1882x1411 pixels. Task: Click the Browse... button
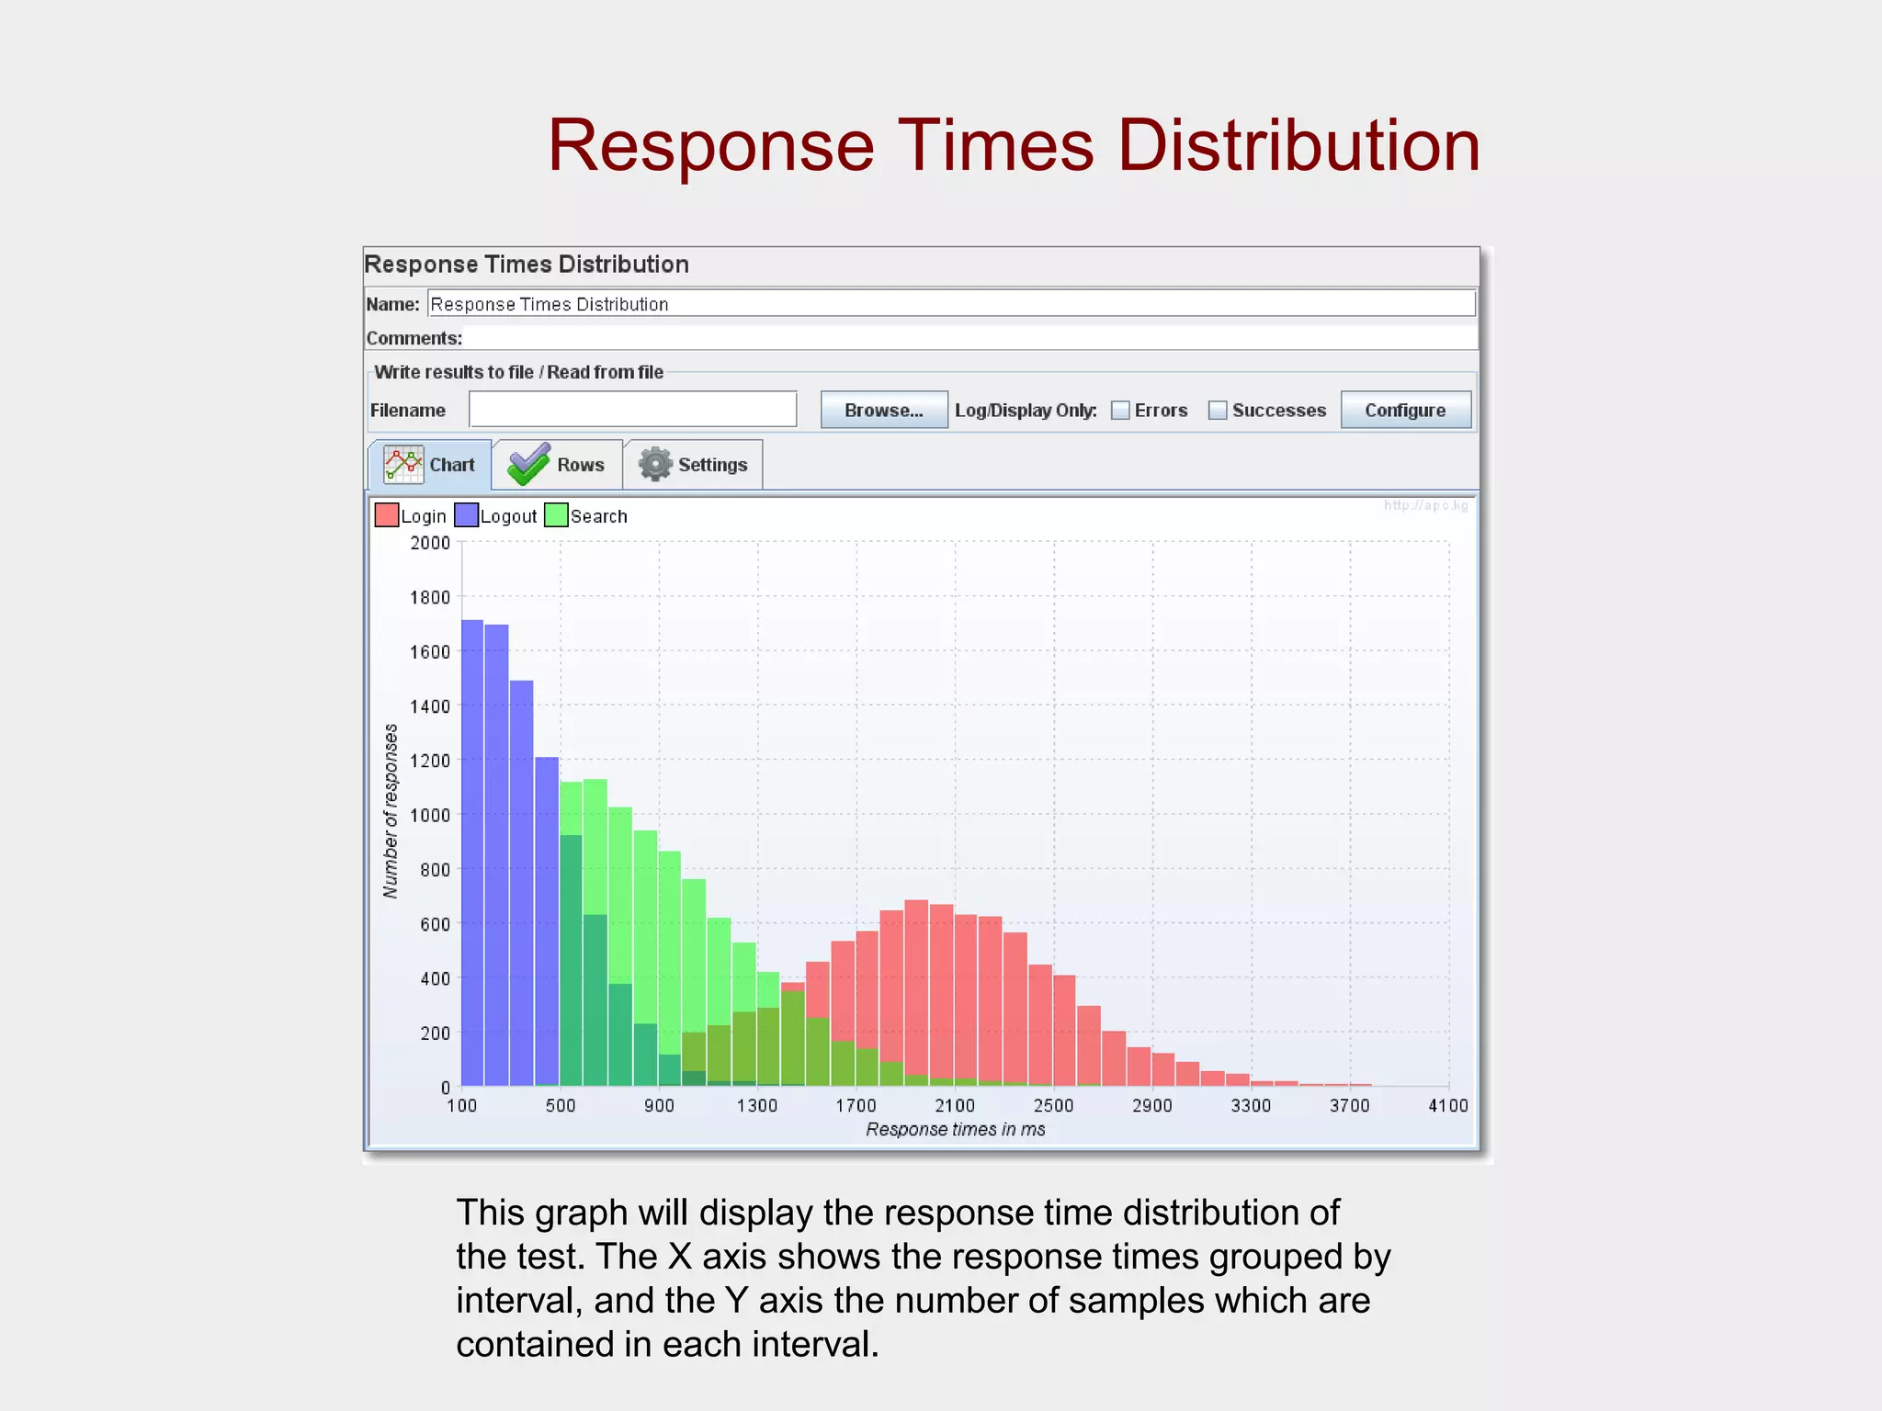point(883,410)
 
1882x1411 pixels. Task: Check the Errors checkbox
point(1120,411)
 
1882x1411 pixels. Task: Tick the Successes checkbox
point(1218,411)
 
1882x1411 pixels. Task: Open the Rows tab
point(557,465)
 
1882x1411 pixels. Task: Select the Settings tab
point(693,465)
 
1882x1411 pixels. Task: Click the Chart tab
point(430,465)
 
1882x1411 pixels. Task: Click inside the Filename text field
point(632,410)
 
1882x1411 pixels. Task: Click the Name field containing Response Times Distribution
point(950,304)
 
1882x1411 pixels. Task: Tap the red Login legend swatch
point(387,515)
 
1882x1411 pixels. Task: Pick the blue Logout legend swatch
point(466,515)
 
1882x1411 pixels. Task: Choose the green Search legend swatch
point(556,515)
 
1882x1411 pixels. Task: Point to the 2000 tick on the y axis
point(430,543)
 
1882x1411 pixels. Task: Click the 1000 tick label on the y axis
point(430,815)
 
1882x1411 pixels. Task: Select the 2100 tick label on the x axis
point(955,1105)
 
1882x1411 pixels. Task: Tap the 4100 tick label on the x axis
point(1447,1105)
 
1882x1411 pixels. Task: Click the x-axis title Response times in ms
point(955,1129)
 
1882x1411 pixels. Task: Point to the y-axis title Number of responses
point(391,811)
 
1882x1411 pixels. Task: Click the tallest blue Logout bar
point(472,854)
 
